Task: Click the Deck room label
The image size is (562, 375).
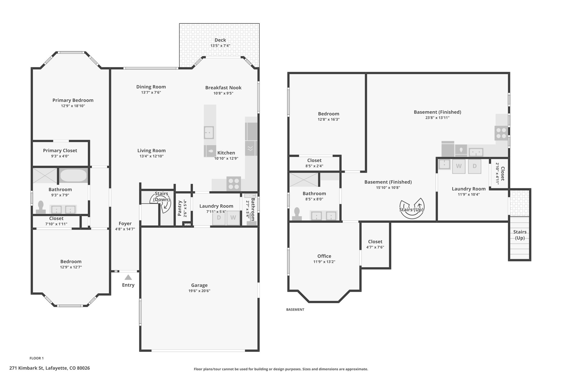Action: coord(220,40)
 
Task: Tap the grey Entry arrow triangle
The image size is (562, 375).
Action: coord(128,277)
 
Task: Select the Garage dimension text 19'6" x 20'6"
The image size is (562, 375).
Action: coord(199,291)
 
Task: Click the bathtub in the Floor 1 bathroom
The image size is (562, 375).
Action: coord(73,175)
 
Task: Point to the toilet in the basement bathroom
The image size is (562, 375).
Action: coord(297,214)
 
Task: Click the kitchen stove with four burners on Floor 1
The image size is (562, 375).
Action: coord(234,184)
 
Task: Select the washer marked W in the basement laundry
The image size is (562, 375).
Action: coord(459,166)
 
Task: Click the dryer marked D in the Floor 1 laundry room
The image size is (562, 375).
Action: coord(219,218)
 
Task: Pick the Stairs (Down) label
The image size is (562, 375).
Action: coord(161,196)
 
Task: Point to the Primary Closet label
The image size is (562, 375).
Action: coord(60,151)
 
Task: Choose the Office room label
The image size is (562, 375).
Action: coord(324,256)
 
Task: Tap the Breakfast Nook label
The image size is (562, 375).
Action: coord(223,88)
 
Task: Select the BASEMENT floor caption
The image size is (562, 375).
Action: coord(295,310)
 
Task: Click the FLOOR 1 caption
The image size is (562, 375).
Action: coord(36,358)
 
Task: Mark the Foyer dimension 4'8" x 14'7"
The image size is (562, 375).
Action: coord(125,229)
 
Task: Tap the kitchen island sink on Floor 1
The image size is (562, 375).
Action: coord(209,133)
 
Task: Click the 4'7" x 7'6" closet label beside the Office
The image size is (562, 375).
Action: coord(375,247)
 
